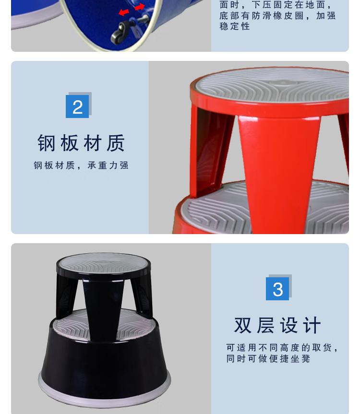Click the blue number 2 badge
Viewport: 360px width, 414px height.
click(x=77, y=106)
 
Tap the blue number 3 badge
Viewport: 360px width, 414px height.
click(x=277, y=289)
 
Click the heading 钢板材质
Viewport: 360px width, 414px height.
click(x=81, y=143)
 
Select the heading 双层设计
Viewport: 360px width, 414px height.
click(x=277, y=325)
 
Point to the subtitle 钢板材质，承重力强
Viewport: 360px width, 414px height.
click(x=81, y=166)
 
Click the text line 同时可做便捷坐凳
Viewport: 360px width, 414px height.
click(x=268, y=358)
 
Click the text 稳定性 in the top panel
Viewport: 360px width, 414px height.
click(x=235, y=26)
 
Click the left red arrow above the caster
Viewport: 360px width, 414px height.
click(x=124, y=12)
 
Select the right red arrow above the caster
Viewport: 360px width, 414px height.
click(x=140, y=7)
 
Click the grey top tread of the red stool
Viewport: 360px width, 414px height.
click(x=272, y=85)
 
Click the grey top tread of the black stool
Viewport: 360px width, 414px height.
click(x=103, y=263)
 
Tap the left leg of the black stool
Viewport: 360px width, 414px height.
click(x=66, y=296)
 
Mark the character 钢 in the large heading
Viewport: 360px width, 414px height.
click(x=47, y=143)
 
